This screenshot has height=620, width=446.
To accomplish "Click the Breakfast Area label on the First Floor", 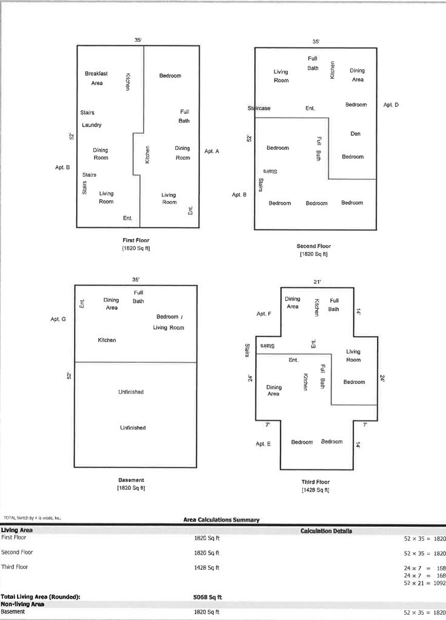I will click(96, 78).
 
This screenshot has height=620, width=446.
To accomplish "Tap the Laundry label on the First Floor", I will click(92, 125).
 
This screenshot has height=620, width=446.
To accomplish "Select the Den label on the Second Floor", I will click(356, 133).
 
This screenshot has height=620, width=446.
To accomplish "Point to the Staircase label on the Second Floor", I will click(259, 108).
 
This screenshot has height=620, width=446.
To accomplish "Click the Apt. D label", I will click(391, 105).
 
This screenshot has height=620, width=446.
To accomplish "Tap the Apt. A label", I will click(212, 151).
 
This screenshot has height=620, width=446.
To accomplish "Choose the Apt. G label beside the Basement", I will click(58, 318).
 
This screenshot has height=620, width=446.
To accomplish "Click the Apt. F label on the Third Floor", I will click(264, 314).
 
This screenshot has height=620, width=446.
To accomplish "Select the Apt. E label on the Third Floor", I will click(264, 444).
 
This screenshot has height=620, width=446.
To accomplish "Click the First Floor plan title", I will click(136, 240).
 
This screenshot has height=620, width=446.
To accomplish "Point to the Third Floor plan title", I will click(315, 482).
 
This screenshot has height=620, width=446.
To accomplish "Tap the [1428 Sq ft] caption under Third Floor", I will click(315, 490).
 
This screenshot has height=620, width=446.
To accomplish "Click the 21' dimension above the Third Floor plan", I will click(316, 282).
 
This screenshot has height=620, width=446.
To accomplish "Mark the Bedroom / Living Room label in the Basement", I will click(170, 323).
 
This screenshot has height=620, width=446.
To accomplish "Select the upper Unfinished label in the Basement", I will click(131, 392).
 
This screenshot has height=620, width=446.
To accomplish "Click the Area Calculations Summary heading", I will click(221, 519).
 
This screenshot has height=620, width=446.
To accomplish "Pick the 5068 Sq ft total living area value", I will click(207, 597).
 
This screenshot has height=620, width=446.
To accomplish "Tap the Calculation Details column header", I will click(327, 531).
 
